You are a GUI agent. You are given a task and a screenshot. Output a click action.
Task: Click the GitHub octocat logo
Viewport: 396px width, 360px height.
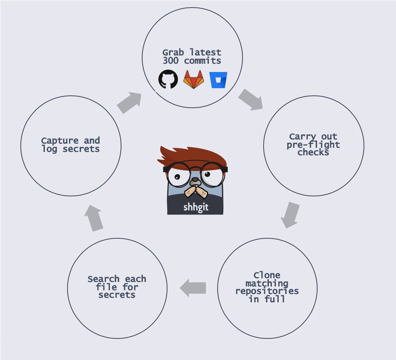pyautogui.click(x=168, y=79)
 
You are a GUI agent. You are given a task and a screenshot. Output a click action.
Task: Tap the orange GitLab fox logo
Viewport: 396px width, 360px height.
pyautogui.click(x=193, y=80)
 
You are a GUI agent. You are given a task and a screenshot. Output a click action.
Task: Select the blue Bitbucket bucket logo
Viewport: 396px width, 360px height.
pyautogui.click(x=218, y=80)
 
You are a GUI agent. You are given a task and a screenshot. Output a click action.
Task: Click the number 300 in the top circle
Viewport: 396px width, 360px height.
pyautogui.click(x=171, y=61)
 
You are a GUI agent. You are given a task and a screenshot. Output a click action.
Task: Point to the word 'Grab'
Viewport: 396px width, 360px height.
pyautogui.click(x=173, y=52)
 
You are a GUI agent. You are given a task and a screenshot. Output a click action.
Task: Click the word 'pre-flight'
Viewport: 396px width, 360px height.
pyautogui.click(x=313, y=145)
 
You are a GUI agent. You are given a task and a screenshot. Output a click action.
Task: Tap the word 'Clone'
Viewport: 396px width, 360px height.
pyautogui.click(x=267, y=275)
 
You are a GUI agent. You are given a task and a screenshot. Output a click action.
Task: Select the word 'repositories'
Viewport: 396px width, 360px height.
pyautogui.click(x=267, y=291)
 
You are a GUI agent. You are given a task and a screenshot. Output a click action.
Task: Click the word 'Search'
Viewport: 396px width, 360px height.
pyautogui.click(x=104, y=279)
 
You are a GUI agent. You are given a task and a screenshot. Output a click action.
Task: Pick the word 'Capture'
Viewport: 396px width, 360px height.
pyautogui.click(x=60, y=141)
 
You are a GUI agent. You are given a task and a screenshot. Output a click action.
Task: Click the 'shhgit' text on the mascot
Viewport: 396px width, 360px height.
pyautogui.click(x=196, y=207)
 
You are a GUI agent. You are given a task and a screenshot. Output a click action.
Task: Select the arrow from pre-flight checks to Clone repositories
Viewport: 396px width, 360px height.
pyautogui.click(x=290, y=215)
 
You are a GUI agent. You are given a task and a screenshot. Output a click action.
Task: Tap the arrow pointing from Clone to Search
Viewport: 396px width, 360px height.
pyautogui.click(x=193, y=288)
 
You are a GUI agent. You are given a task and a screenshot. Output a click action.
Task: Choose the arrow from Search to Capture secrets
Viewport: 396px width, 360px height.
pyautogui.click(x=94, y=218)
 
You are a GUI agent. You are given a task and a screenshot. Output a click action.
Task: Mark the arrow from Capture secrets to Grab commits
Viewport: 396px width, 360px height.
pyautogui.click(x=129, y=103)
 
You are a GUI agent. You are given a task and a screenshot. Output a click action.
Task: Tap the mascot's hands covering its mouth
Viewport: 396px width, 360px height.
pyautogui.click(x=196, y=192)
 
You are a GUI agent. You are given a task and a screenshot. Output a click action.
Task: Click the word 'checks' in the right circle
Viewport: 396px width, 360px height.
pyautogui.click(x=313, y=152)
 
